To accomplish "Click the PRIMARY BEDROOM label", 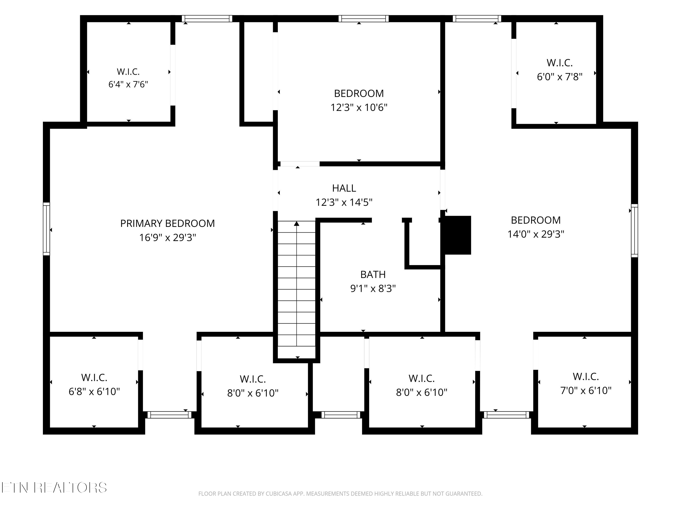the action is point(168,223).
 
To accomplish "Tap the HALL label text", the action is point(344,188).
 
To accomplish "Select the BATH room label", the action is point(373,274).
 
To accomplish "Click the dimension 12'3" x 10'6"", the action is point(359,107).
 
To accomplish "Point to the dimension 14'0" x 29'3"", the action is point(536,234).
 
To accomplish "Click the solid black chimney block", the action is point(457,235).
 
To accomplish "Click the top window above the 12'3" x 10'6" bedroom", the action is point(364,18).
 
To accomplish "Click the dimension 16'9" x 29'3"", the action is point(168,238).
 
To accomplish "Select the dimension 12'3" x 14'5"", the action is point(344,202).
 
